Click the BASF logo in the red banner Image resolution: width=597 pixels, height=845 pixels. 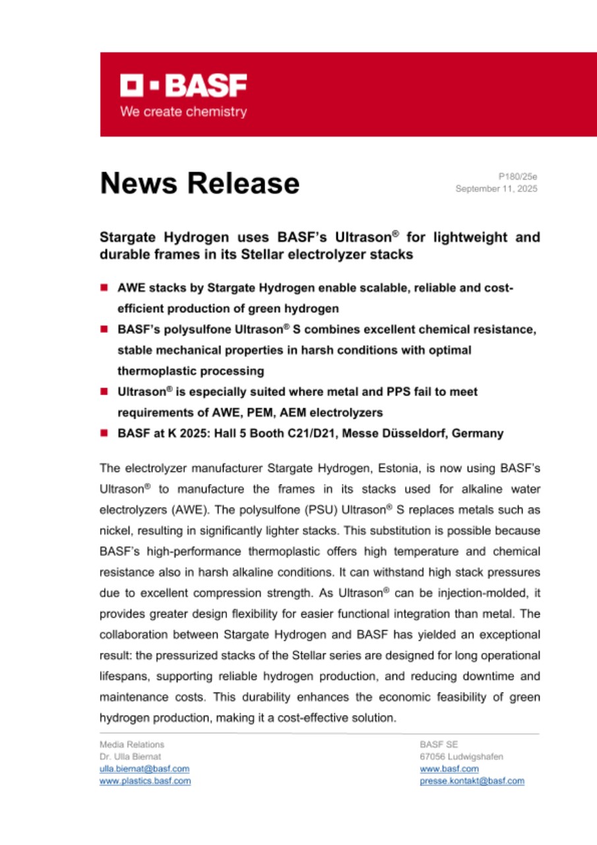[183, 86]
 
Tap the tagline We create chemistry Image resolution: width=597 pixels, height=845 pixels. [183, 112]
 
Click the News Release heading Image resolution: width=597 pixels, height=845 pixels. [199, 183]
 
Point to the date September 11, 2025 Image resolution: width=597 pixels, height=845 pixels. [496, 189]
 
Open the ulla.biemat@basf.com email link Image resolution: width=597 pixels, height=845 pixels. [144, 768]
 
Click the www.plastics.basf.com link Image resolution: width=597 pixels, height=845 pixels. [145, 780]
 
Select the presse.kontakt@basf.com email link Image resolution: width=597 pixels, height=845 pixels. [472, 780]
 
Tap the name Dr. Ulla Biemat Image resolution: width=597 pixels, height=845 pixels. [130, 757]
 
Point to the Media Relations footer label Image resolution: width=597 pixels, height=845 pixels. [132, 745]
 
